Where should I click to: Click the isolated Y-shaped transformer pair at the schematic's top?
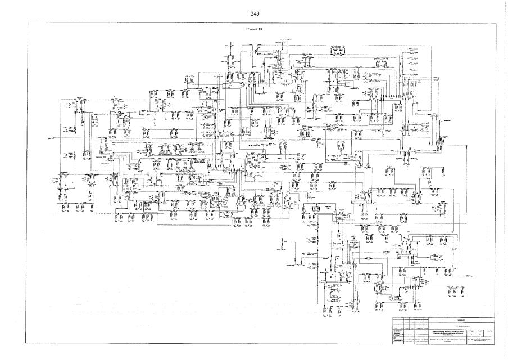(338, 52)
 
